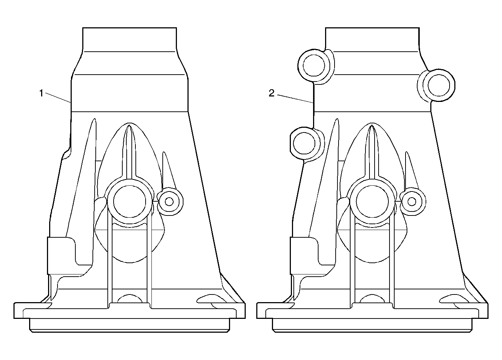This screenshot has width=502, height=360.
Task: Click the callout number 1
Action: point(41,93)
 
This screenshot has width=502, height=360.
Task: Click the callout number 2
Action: point(272,93)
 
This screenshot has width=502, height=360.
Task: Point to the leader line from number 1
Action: point(58,98)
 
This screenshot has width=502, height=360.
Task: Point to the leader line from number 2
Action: point(295,99)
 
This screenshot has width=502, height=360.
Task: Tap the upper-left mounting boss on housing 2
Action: point(314,66)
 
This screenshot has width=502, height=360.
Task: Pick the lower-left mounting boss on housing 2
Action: point(304,143)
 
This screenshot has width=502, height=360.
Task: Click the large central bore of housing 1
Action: point(130,202)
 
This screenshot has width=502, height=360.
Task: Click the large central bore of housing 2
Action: point(372,202)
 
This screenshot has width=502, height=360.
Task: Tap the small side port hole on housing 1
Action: point(169,202)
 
